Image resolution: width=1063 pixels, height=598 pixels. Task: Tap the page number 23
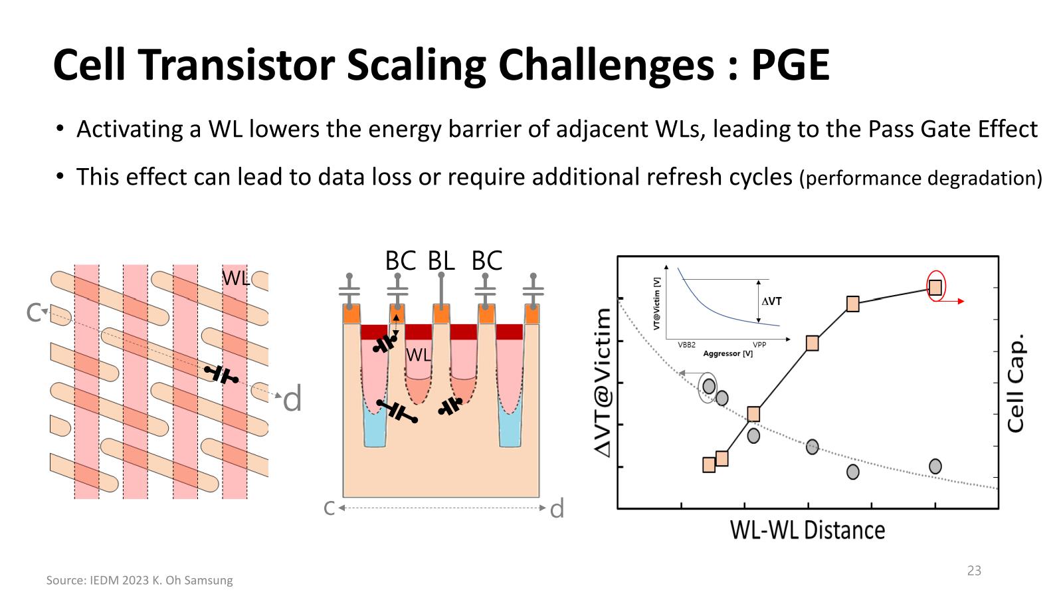(974, 571)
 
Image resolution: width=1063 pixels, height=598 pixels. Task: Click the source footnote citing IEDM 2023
(140, 580)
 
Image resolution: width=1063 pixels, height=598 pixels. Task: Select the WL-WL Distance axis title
(807, 530)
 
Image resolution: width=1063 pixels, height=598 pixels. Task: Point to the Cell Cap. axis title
(1016, 383)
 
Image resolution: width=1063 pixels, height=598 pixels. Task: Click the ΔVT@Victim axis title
(603, 383)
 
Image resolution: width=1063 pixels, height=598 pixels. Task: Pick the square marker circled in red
(935, 287)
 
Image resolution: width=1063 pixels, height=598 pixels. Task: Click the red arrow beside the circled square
(953, 301)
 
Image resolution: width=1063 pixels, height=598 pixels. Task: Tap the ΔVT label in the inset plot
(771, 301)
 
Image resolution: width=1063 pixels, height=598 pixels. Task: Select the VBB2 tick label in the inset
(687, 345)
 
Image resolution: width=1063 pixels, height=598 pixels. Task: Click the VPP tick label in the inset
(759, 345)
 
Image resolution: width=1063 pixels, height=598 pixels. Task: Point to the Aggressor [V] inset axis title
(728, 353)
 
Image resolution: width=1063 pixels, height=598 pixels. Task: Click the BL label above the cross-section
(441, 260)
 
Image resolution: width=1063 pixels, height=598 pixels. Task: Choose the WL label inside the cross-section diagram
(419, 355)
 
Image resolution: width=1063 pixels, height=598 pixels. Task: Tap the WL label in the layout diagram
(235, 278)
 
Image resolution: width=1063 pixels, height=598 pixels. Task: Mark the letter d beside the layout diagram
(292, 399)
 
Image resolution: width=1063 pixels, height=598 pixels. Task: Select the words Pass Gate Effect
(953, 130)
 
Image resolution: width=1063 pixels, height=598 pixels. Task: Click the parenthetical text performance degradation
(921, 179)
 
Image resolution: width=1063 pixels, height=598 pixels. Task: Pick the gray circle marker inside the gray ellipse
(709, 386)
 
